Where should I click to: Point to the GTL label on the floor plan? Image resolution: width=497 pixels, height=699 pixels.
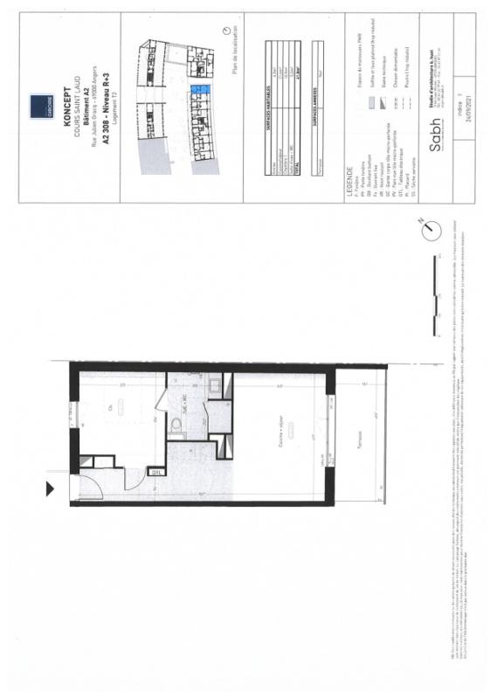156,473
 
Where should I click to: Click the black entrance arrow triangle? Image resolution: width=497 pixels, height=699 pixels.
48,489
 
